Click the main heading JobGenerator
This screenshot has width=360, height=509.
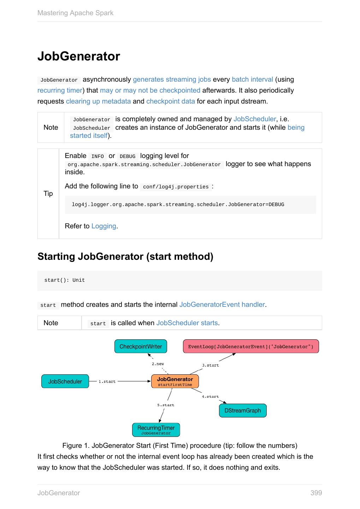pos(79,57)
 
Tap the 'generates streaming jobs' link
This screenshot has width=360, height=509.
pos(172,80)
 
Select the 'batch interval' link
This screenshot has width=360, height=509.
pos(252,80)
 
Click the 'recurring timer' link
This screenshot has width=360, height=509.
pos(60,90)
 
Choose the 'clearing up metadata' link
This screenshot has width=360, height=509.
pos(98,101)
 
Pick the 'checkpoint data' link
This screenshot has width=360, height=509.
pos(171,101)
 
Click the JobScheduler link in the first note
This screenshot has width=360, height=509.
pos(254,119)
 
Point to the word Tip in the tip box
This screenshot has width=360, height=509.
pos(48,194)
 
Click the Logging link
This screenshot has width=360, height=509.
pos(104,226)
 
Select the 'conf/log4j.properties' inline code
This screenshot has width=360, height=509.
pos(176,187)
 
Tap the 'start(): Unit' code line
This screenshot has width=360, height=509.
pos(65,280)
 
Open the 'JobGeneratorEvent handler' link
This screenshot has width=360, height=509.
pos(222,305)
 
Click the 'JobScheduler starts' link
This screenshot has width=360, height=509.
pos(187,323)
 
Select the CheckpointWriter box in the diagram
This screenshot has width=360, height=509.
pos(141,346)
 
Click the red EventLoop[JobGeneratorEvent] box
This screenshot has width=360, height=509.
pos(250,346)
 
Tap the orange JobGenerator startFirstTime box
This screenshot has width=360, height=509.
pos(175,381)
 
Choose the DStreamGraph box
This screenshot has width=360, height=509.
pos(242,411)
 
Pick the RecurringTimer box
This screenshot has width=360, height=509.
pos(156,430)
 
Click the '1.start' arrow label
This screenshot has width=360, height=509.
pos(107,382)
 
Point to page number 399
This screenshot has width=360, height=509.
pos(316,493)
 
